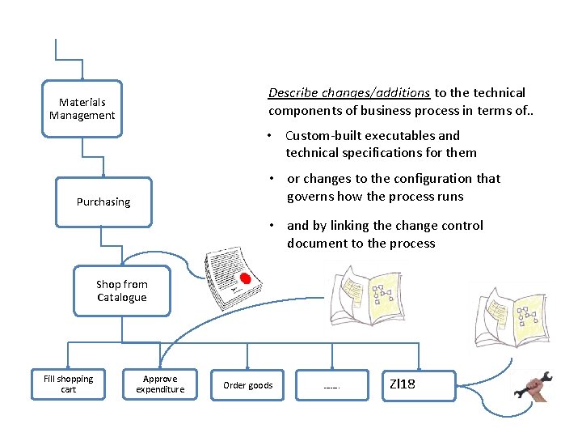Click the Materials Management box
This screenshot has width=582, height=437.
point(82,109)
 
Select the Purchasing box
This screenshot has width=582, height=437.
point(103,202)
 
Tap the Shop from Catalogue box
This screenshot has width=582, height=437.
point(121,291)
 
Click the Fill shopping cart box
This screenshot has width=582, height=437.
point(68,384)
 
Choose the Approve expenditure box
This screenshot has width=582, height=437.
point(159,384)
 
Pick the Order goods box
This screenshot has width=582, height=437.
point(247,385)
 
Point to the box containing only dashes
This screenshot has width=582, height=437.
point(331,385)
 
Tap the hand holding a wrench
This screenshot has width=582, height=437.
point(533,386)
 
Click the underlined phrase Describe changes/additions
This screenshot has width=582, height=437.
point(349,93)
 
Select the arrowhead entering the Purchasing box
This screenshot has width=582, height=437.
point(103,174)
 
